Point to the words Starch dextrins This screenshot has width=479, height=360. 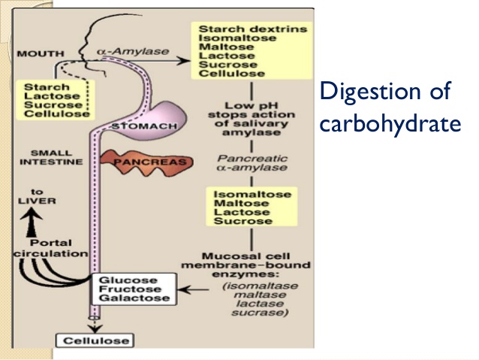242,29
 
